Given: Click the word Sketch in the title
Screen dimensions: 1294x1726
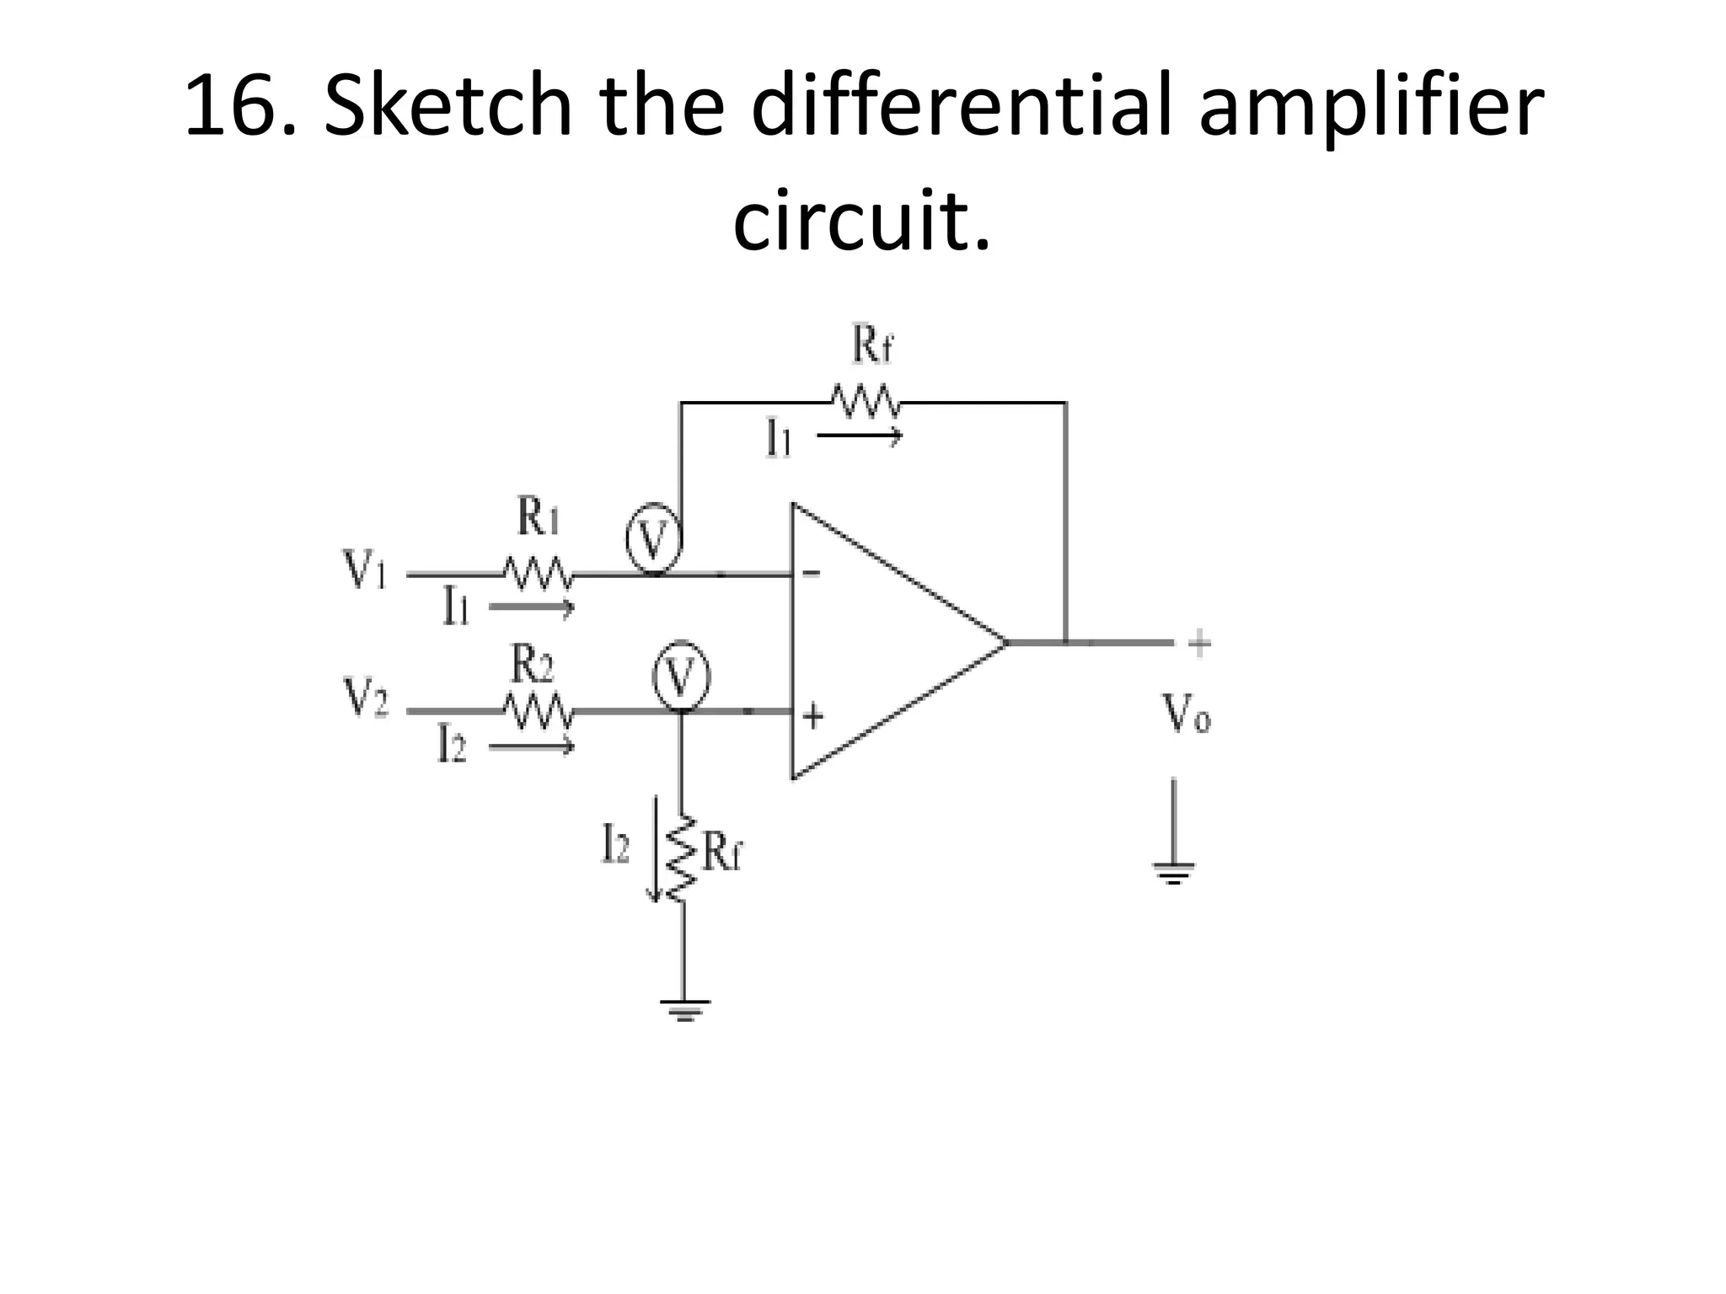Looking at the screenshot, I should click(447, 108).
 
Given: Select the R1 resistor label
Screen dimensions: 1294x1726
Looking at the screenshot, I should click(537, 516).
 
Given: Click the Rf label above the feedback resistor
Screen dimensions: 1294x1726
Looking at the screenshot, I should click(871, 345).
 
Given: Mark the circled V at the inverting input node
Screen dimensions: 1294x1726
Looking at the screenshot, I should click(653, 540).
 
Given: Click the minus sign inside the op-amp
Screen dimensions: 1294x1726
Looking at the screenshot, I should click(811, 574).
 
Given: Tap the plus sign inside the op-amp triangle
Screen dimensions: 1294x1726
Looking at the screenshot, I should click(812, 717).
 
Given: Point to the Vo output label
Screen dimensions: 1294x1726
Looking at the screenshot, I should click(1187, 714).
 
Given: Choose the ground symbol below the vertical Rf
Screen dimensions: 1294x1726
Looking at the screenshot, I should click(684, 1008).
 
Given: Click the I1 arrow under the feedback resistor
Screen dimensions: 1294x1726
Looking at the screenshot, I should click(860, 436).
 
